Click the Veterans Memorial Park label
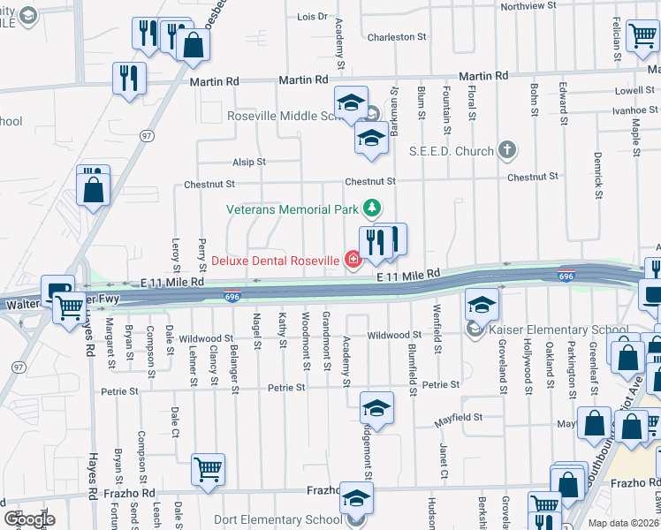click(293, 209)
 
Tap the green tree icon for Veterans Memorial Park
click(373, 208)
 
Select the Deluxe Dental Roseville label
click(275, 261)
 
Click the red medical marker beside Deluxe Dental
click(353, 260)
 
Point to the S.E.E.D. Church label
click(451, 151)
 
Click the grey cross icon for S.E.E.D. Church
click(507, 149)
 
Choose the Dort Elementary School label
click(277, 520)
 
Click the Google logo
click(29, 519)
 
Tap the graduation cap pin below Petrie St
click(376, 408)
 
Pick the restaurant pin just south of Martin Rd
click(130, 77)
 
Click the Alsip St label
click(249, 163)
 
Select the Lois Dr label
click(312, 17)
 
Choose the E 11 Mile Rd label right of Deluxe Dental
click(408, 276)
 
